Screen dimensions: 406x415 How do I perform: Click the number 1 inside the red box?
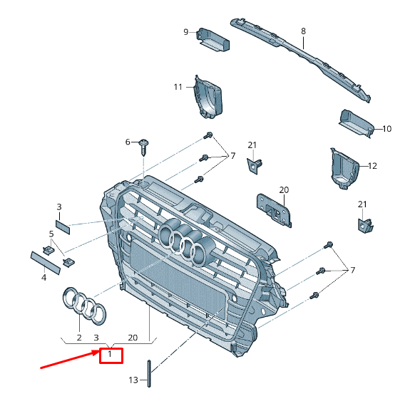pos(111,354)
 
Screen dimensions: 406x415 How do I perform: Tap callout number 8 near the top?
pos(303,31)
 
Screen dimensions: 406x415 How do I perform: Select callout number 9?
pos(186,31)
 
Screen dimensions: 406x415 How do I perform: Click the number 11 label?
pos(178,87)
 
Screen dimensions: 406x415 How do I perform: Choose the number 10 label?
pos(387,129)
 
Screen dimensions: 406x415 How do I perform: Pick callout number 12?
pos(372,165)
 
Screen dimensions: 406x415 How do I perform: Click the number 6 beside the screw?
pos(128,142)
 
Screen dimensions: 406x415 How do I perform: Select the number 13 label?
pos(133,380)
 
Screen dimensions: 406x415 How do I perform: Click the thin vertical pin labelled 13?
pos(148,373)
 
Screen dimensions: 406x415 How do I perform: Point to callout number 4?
pos(43,277)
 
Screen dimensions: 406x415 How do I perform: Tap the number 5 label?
pos(51,233)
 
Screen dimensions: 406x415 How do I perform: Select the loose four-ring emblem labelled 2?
pos(84,303)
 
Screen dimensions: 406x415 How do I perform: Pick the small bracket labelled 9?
pos(213,39)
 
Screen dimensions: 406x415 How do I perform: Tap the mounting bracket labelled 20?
pos(275,211)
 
